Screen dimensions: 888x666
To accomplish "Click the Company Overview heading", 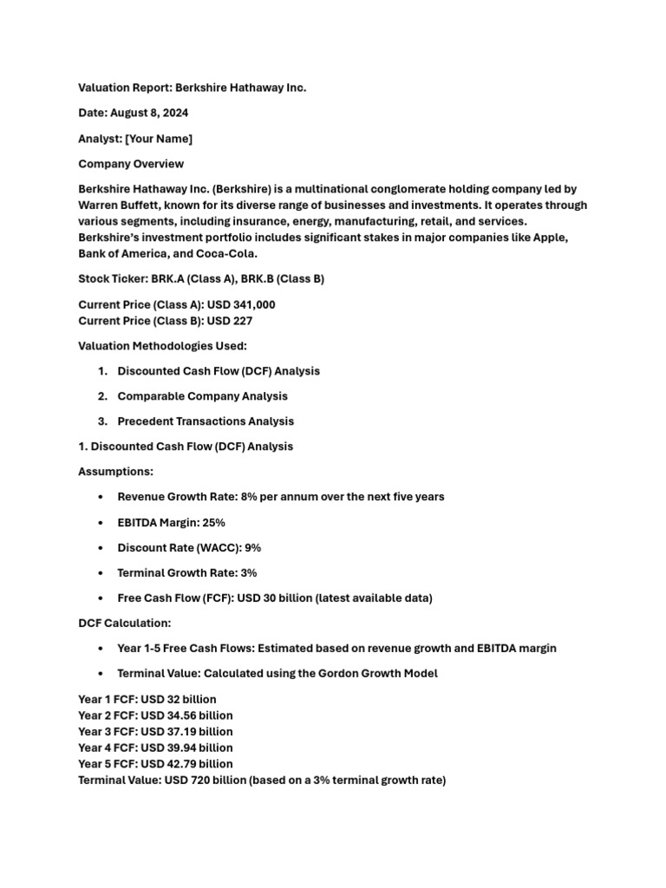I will (x=131, y=164).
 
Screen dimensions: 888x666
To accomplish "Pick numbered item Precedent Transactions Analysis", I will (x=206, y=421).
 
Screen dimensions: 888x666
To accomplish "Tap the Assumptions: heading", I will (x=115, y=472).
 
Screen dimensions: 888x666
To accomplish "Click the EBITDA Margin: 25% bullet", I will (x=171, y=523).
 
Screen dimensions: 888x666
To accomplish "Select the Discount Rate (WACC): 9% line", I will (x=189, y=548).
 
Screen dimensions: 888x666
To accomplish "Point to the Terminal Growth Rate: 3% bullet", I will (x=186, y=573).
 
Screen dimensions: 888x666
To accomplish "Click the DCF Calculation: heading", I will (x=125, y=624).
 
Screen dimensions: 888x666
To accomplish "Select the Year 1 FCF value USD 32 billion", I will (x=179, y=699).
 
